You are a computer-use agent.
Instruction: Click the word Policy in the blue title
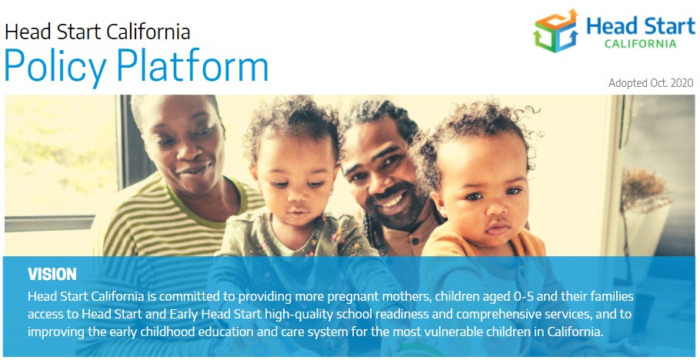(x=55, y=67)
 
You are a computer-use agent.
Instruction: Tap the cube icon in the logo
(x=555, y=31)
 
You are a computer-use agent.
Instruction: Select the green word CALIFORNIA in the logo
(x=640, y=44)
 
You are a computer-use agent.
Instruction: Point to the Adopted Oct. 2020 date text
(x=651, y=83)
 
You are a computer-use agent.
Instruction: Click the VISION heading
(x=52, y=275)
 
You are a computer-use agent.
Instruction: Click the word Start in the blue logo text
(x=668, y=26)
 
